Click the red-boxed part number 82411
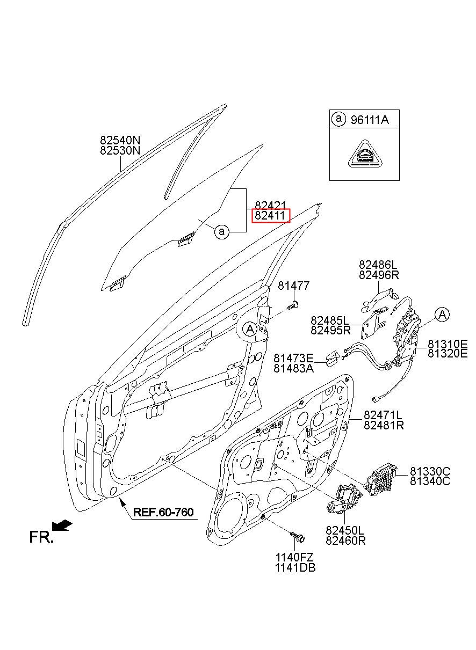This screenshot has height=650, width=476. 270,216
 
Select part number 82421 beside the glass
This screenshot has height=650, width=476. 270,206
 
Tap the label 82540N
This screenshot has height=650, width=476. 120,140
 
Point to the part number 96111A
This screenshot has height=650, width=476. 370,120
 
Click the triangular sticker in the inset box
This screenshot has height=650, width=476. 365,155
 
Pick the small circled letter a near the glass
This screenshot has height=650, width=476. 222,232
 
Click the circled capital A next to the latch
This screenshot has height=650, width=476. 442,315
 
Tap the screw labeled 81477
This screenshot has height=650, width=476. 294,305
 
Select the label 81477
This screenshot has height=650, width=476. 294,286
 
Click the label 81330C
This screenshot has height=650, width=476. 430,471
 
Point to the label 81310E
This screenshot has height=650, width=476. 448,344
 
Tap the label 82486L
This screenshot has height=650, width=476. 378,265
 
